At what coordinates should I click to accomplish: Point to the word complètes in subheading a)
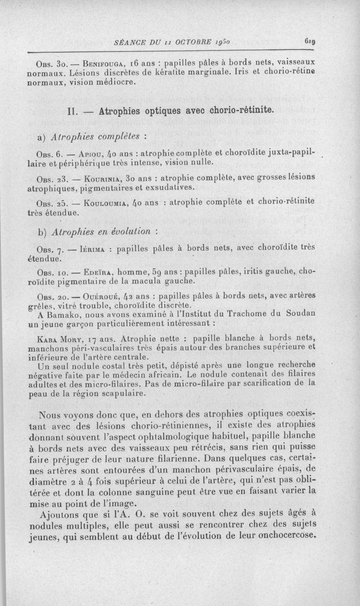119,135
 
